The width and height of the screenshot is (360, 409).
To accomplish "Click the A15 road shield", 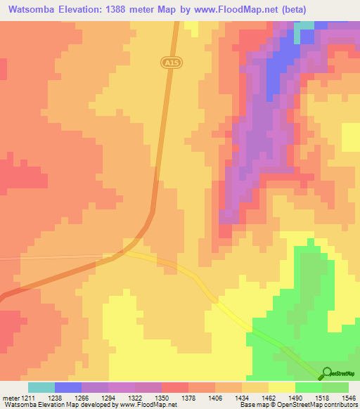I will [168, 63].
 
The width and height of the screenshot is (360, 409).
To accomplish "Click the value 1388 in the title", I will [121, 9].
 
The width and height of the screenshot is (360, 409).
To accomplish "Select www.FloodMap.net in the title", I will [231, 9].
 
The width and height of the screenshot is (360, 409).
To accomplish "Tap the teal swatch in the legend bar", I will [41, 387].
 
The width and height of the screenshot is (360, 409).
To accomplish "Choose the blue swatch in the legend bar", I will [68, 387].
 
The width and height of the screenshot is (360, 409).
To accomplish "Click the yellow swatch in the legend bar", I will [282, 387].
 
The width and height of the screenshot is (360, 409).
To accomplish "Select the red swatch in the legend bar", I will [175, 387].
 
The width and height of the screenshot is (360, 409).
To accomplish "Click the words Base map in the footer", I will [252, 405].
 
